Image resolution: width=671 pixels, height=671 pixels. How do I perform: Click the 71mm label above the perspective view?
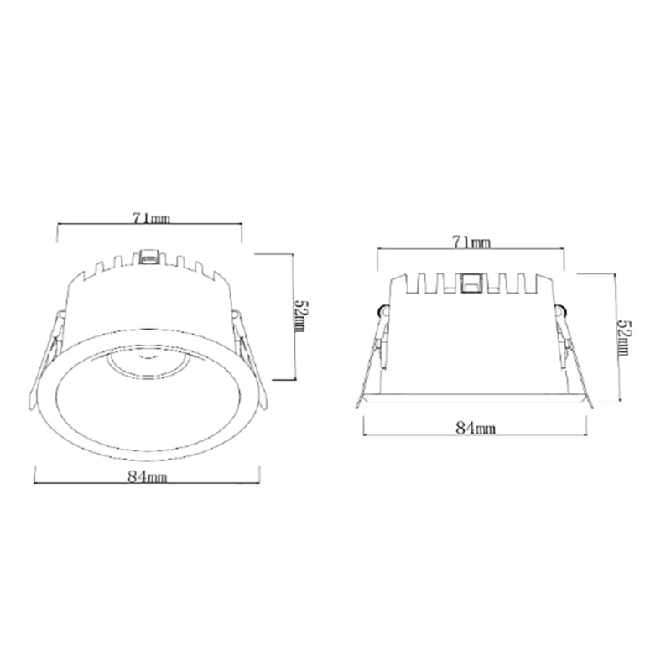[151, 219]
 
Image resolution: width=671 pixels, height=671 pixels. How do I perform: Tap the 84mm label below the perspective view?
[148, 476]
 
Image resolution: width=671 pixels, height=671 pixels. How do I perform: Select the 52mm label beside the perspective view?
[301, 317]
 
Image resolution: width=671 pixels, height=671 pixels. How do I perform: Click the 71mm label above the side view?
[471, 242]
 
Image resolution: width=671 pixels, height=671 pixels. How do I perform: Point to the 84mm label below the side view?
[476, 428]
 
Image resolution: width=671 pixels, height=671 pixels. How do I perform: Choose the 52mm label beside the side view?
[624, 338]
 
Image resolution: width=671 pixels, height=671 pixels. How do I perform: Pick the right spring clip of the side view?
[575, 356]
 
